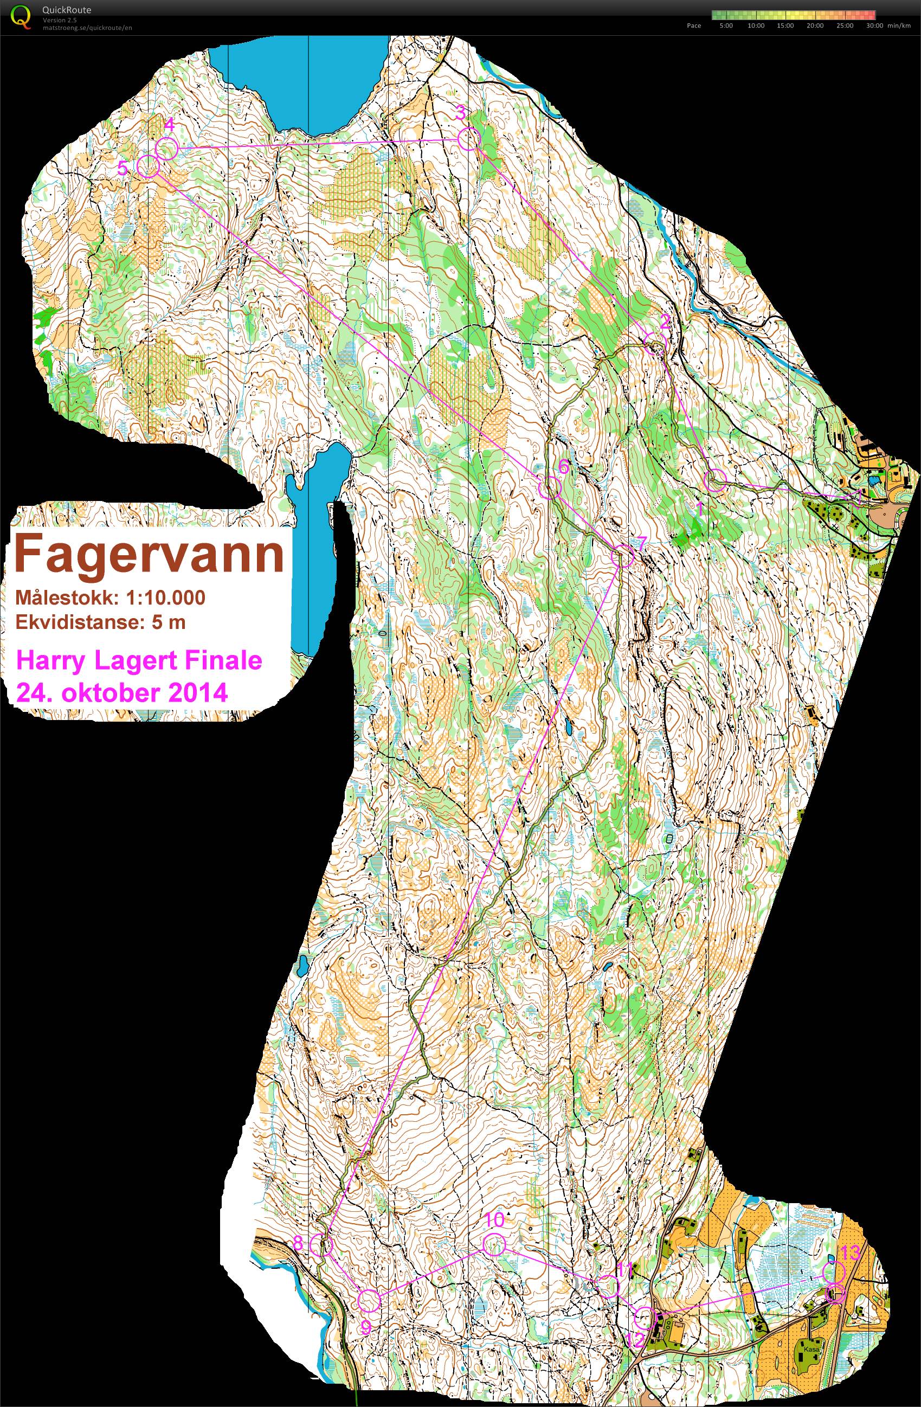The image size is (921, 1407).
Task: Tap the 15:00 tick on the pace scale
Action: (785, 25)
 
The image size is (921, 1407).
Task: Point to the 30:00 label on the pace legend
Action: (874, 25)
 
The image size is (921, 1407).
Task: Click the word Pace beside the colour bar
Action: (694, 25)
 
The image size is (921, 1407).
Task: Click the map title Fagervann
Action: (149, 554)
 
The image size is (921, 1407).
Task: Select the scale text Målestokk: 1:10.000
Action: (110, 597)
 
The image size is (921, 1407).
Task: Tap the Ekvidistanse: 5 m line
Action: (100, 622)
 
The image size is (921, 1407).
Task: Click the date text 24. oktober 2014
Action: (121, 692)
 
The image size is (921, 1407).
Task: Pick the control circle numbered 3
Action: (469, 139)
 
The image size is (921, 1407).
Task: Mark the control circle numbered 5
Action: (148, 166)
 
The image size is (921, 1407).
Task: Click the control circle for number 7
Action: (622, 556)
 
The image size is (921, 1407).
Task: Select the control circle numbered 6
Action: (549, 488)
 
